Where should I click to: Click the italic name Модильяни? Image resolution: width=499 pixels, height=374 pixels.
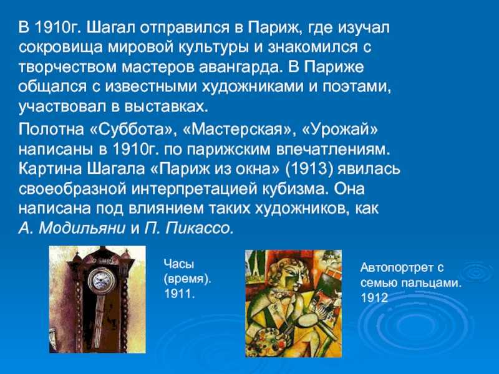point(82,228)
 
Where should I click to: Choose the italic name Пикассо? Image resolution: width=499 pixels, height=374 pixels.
point(199,228)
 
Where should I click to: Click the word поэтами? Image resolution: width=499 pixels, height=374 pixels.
point(357,87)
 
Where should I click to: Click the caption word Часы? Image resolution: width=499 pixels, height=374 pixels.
point(179,264)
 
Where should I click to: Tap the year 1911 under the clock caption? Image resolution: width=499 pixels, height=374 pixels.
point(179,294)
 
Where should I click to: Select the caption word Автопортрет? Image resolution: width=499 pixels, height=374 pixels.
point(397,268)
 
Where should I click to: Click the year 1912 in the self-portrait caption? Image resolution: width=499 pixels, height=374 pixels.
point(374,298)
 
